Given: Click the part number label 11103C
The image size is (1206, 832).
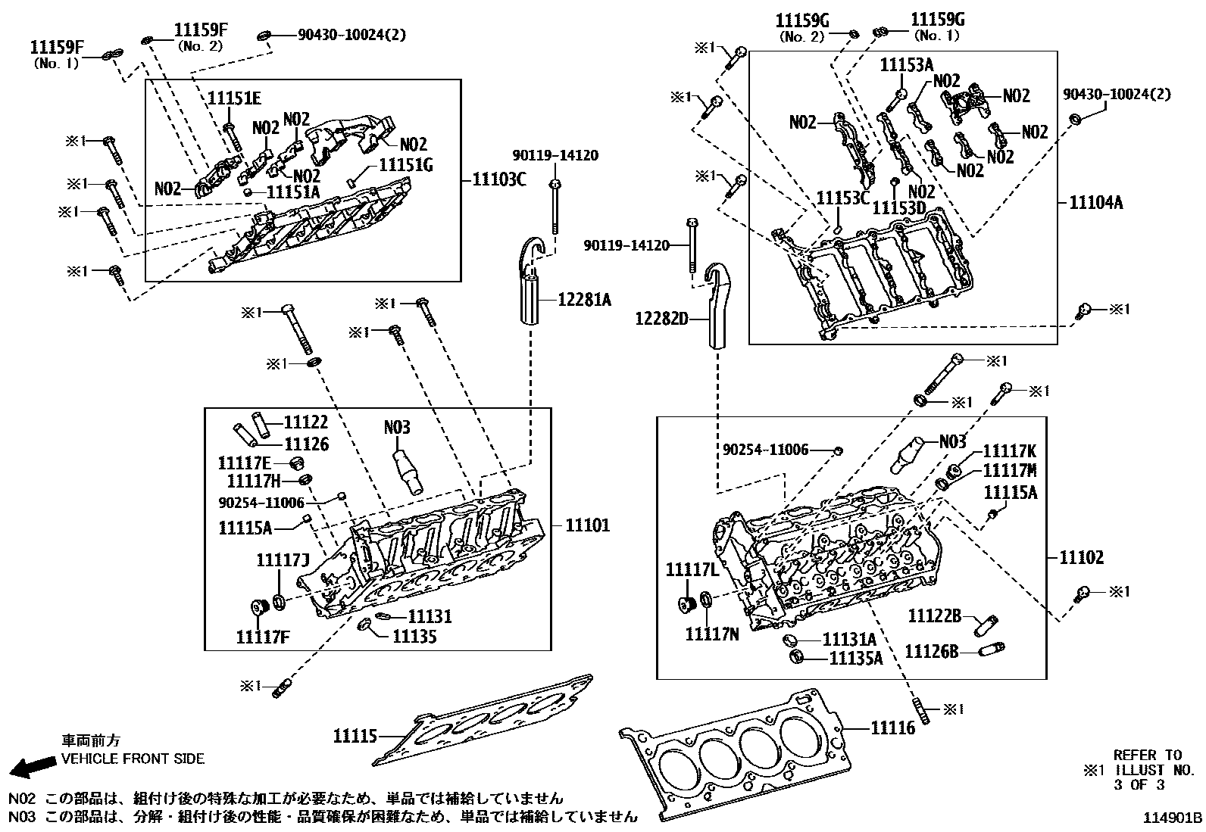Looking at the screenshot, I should click(499, 179).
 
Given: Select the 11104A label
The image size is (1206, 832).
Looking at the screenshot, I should click(1095, 202).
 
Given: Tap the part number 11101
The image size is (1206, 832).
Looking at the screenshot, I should click(588, 525).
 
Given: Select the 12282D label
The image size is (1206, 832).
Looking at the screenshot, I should click(661, 320).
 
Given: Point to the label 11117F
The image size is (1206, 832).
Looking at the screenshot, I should click(262, 637).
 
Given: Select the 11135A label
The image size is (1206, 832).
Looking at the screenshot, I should click(855, 658).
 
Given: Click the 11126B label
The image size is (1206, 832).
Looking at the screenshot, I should click(931, 651).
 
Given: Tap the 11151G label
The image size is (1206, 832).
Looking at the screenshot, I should click(405, 164).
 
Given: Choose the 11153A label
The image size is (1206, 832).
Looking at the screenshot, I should click(906, 65).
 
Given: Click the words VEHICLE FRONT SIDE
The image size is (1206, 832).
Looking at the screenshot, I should click(133, 759).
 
